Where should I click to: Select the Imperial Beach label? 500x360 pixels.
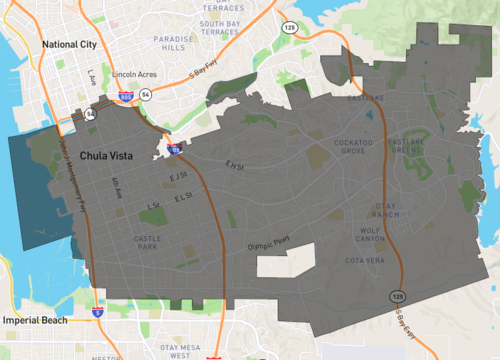pos(36,320)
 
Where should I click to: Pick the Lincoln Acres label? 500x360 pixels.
pos(137,74)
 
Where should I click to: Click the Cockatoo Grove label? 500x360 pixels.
pos(356,146)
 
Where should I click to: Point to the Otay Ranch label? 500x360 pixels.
pos(385,210)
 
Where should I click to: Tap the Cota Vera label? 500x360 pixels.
pos(364,260)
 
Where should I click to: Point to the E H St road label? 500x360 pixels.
pos(236,166)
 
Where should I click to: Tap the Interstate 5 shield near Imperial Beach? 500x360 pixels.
pos(96,312)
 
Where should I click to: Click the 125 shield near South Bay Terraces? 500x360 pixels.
pos(288,27)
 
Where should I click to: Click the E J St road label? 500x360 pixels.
pos(179,177)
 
